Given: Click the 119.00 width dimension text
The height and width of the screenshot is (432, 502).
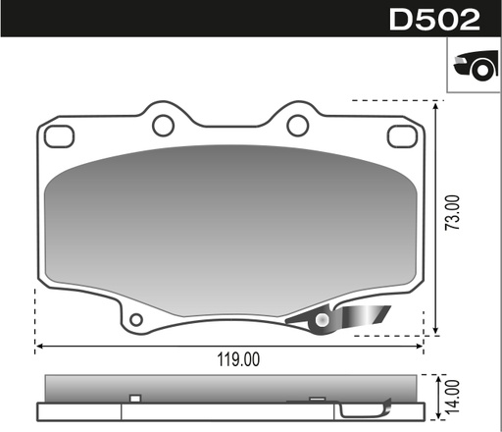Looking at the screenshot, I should click(x=237, y=359).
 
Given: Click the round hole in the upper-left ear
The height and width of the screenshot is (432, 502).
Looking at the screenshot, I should click(x=163, y=125).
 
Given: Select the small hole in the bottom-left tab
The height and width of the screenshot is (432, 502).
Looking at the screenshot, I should click(x=136, y=319).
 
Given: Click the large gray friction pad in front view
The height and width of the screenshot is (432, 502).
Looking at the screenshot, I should click(x=230, y=231).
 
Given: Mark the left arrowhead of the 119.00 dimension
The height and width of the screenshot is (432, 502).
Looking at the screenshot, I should click(x=40, y=346).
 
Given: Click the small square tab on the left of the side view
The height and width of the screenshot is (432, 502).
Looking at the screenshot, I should click(x=136, y=398).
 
